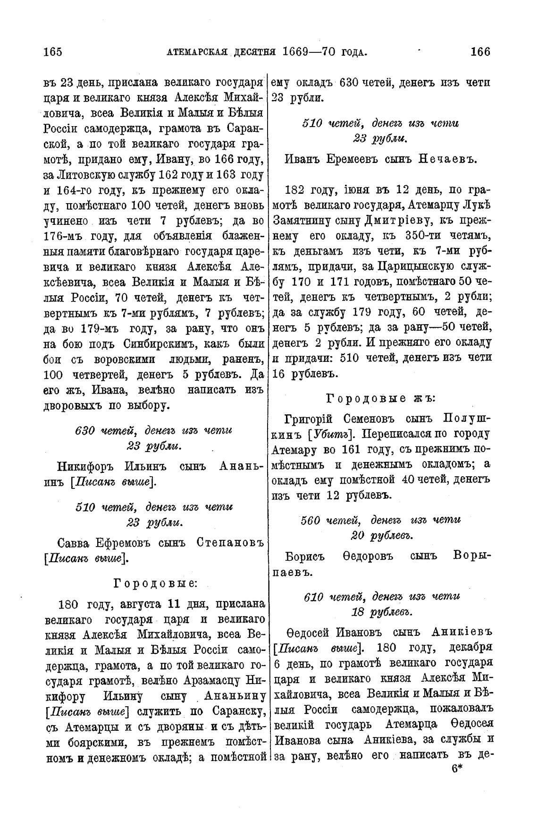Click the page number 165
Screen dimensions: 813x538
[x=52, y=51]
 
